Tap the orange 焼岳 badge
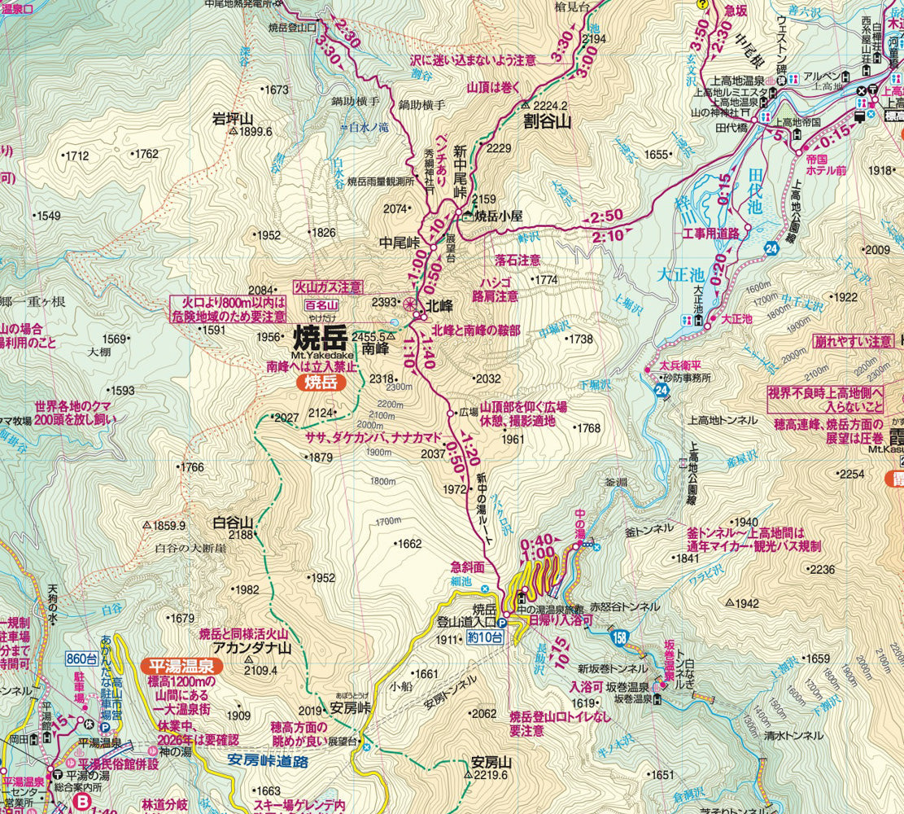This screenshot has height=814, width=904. coord(321,381)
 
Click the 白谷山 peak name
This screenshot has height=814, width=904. coord(233,522)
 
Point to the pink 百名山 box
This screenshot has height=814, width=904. coord(320,305)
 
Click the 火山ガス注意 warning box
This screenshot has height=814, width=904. coord(328,287)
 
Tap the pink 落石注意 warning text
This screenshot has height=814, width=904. coord(518,260)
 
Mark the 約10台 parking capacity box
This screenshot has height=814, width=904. coord(485,638)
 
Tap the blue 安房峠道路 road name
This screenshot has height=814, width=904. coord(267,762)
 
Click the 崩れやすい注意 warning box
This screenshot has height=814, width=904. coord(853,341)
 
